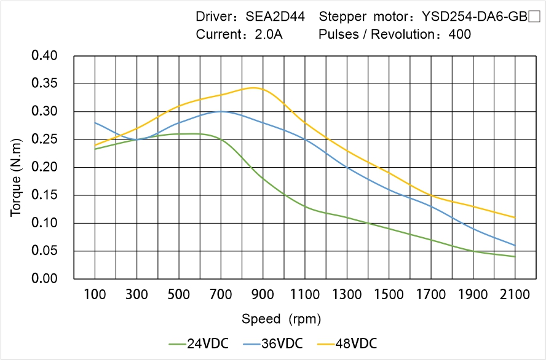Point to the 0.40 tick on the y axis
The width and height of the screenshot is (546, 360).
pyautogui.click(x=44, y=56)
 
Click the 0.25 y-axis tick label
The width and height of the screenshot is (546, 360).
pyautogui.click(x=44, y=139)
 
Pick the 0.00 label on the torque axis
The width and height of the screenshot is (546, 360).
pyautogui.click(x=44, y=279)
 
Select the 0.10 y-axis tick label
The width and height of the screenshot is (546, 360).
pyautogui.click(x=44, y=223)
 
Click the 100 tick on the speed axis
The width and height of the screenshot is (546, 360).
pyautogui.click(x=95, y=295)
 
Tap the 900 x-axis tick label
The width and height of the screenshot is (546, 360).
pyautogui.click(x=263, y=295)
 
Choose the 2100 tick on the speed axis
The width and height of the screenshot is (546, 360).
pyautogui.click(x=515, y=295)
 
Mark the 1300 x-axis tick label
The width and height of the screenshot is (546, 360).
pyautogui.click(x=347, y=295)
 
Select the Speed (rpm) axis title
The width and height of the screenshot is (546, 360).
pyautogui.click(x=281, y=319)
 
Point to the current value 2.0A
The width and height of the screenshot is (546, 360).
pyautogui.click(x=268, y=34)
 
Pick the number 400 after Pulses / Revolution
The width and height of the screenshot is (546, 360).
pyautogui.click(x=460, y=34)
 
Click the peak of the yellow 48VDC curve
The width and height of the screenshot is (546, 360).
pyautogui.click(x=253, y=88)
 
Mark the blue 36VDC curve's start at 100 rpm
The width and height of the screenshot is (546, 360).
pyautogui.click(x=95, y=123)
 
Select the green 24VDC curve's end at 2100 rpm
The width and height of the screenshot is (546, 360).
pyautogui.click(x=515, y=257)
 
